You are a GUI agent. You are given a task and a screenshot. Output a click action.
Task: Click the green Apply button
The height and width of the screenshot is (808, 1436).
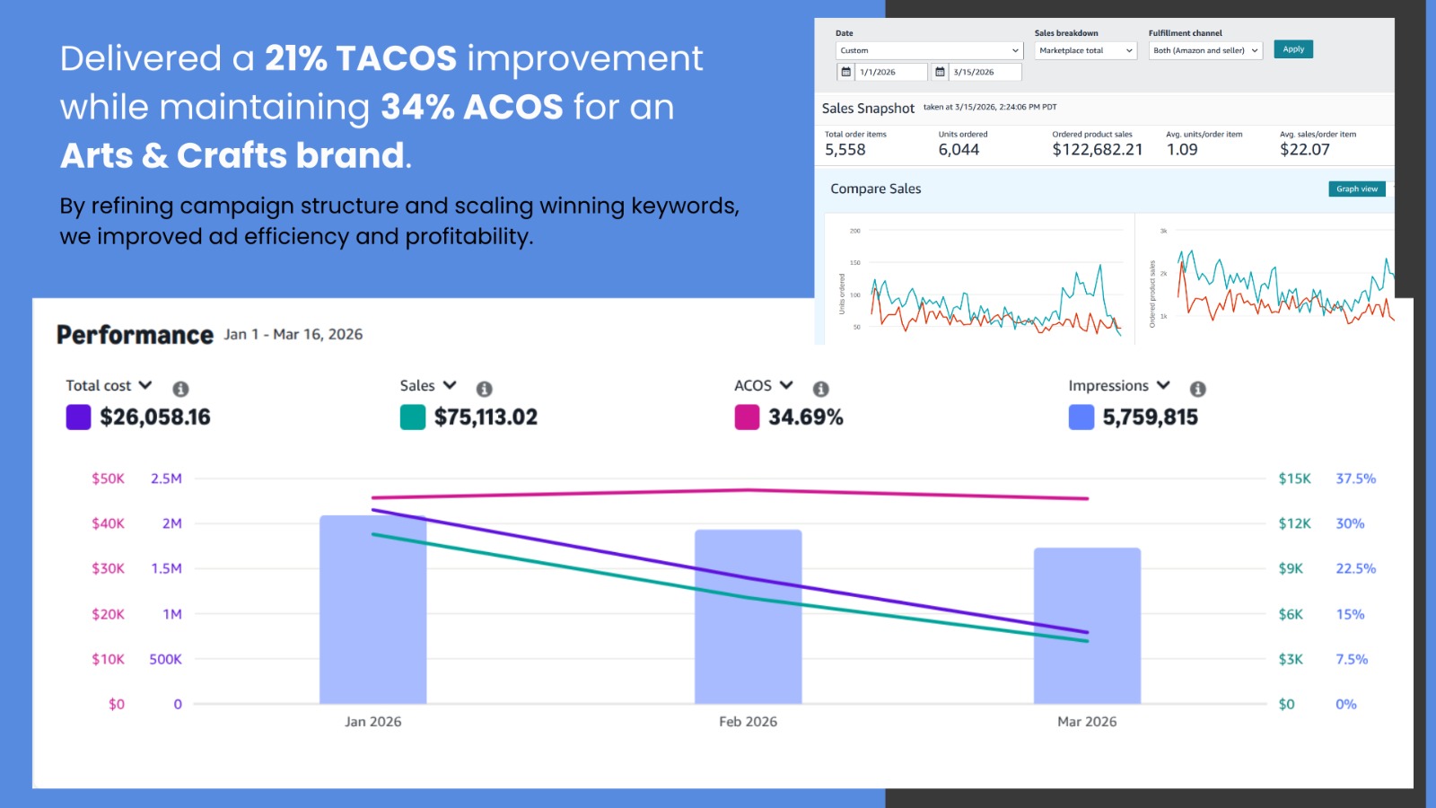[x=1292, y=49]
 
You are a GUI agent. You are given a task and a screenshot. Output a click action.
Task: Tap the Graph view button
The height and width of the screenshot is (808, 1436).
[x=1356, y=189]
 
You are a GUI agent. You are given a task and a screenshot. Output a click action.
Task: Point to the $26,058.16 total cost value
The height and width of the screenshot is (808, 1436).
[x=155, y=417]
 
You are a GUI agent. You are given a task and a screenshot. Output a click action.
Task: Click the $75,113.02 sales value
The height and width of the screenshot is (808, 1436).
[x=486, y=417]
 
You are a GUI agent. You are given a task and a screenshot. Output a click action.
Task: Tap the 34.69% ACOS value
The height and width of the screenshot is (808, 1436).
[x=805, y=417]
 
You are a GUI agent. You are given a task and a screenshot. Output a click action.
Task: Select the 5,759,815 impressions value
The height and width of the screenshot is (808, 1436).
[x=1150, y=417]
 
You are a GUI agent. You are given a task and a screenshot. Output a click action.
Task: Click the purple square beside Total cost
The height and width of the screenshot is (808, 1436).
[x=78, y=417]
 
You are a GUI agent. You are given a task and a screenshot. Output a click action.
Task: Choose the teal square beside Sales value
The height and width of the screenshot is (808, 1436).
[x=412, y=417]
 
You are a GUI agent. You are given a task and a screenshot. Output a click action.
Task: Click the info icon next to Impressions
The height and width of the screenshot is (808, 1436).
[x=1197, y=389]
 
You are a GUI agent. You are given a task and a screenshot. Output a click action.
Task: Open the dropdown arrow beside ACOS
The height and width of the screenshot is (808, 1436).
[x=786, y=385]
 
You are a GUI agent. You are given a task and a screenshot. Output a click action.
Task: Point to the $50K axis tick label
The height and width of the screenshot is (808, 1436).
[x=108, y=479]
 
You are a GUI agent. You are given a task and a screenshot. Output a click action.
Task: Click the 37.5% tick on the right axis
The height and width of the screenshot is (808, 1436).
[x=1355, y=479]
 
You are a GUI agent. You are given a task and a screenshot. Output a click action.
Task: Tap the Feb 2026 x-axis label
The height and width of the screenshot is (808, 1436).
[x=748, y=722]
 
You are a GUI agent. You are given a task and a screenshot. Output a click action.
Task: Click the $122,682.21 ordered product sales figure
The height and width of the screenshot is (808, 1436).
[x=1097, y=150]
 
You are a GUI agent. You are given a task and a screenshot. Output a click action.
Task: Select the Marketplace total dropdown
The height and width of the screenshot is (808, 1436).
[x=1086, y=51]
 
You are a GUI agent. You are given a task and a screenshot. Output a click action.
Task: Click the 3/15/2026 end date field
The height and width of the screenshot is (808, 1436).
[x=985, y=72]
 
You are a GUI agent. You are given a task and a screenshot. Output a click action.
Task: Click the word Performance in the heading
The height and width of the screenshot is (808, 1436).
[x=135, y=335]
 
